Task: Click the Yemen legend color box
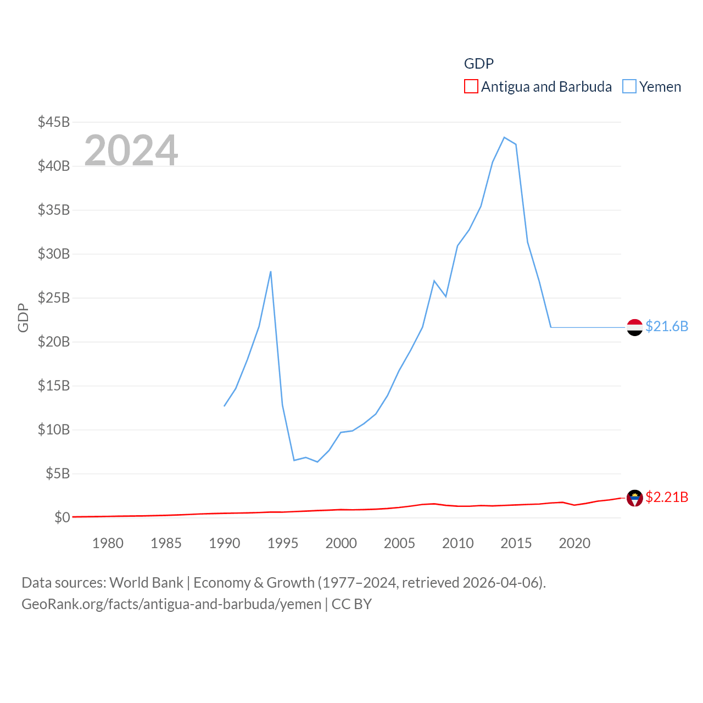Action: point(629,87)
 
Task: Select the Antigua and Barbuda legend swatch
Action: point(471,87)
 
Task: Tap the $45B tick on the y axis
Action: point(54,122)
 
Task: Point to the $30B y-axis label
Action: point(54,254)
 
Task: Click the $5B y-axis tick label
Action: point(58,473)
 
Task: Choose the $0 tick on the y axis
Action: point(62,517)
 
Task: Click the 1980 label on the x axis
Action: point(108,543)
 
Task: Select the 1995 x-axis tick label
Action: point(283,543)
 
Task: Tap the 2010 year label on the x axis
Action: point(457,543)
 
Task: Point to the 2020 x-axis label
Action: point(574,543)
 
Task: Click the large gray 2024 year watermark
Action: point(131,150)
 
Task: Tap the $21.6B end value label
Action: point(667,326)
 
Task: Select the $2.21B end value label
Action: point(667,497)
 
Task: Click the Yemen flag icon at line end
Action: point(635,327)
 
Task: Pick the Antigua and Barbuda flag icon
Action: point(635,498)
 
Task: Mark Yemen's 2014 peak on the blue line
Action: point(504,137)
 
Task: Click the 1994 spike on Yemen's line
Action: point(271,271)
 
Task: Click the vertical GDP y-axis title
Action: point(23,317)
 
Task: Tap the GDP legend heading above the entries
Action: point(479,64)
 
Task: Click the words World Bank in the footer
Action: point(146,582)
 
